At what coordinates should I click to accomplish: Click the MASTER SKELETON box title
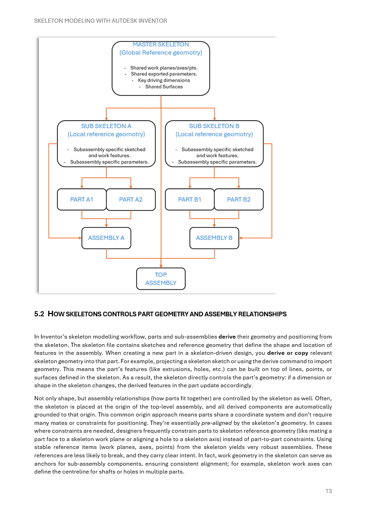[x=161, y=45]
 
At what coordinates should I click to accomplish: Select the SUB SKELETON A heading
[x=106, y=126]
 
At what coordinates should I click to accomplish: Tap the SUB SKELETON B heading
[x=214, y=126]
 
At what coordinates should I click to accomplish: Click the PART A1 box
[x=82, y=199]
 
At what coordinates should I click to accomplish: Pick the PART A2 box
[x=131, y=199]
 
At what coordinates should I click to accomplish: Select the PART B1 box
[x=189, y=199]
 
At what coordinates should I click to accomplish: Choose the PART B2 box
[x=239, y=199]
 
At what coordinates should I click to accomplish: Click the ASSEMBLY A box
[x=106, y=238]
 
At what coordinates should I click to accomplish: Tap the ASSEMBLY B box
[x=214, y=238]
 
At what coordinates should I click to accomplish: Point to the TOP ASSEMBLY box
[x=161, y=279]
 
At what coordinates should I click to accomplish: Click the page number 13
[x=328, y=491]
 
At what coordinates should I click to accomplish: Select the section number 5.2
[x=39, y=314]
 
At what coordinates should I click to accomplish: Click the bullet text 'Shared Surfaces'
[x=164, y=87]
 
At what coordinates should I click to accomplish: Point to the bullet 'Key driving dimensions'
[x=164, y=80]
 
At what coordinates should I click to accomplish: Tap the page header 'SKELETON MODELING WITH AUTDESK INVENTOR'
[x=101, y=21]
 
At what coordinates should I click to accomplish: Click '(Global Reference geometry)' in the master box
[x=161, y=53]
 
